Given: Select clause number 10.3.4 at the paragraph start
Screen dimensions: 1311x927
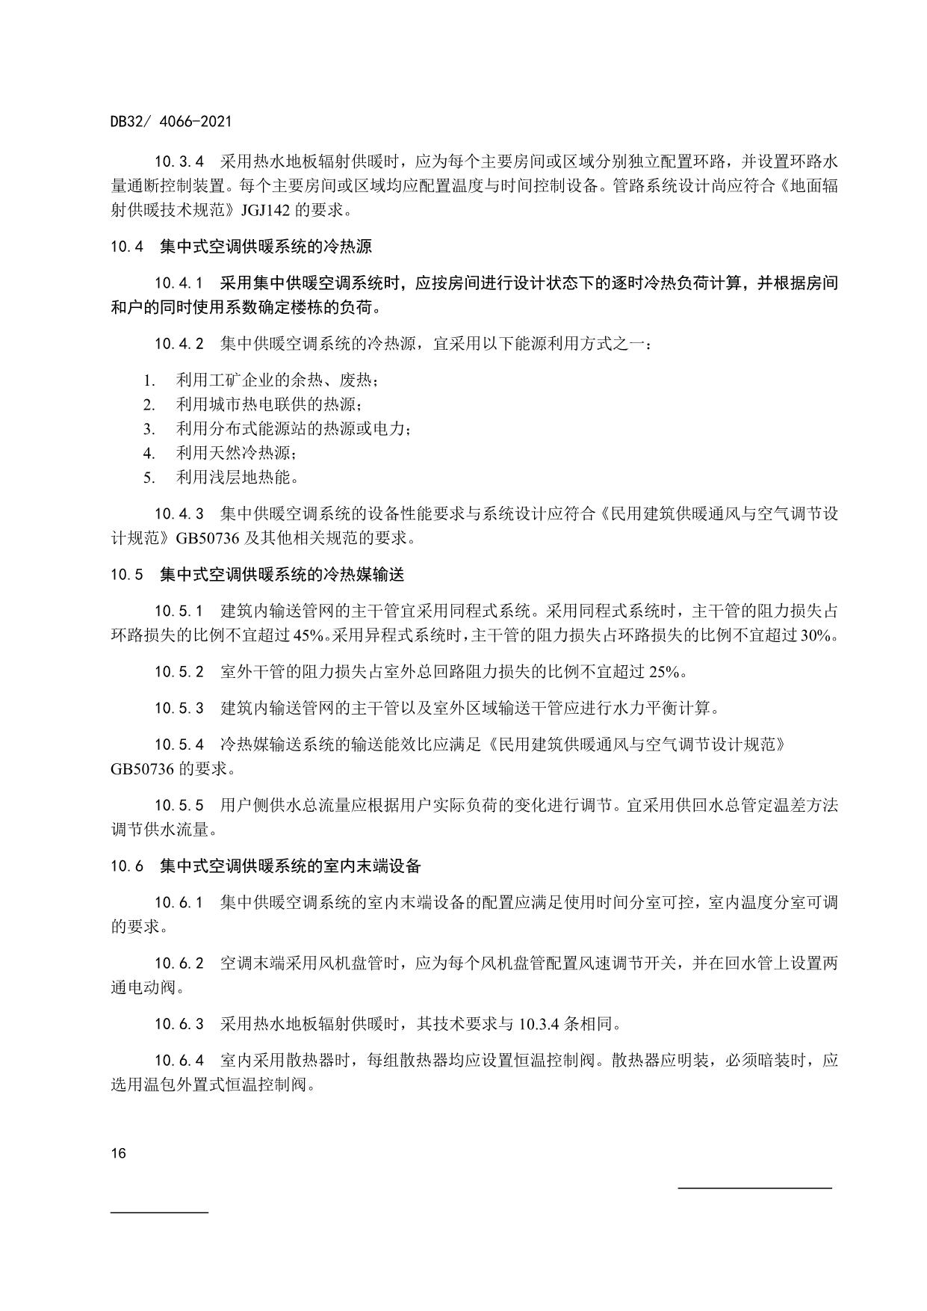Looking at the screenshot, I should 179,162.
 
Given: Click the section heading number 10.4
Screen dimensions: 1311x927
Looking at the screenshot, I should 127,246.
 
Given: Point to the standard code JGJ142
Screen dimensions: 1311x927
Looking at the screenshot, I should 266,210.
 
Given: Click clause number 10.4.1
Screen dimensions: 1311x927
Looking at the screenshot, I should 179,283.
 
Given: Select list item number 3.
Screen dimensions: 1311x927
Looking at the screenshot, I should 149,429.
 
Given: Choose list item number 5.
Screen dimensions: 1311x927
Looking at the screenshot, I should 149,477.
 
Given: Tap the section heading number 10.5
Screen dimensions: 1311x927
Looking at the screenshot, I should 127,575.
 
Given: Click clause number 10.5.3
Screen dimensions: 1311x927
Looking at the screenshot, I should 179,708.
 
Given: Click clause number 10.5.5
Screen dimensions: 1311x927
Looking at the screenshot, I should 179,805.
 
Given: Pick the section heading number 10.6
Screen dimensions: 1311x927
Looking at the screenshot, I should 127,866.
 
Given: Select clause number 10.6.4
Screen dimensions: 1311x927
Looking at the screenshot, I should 179,1060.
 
